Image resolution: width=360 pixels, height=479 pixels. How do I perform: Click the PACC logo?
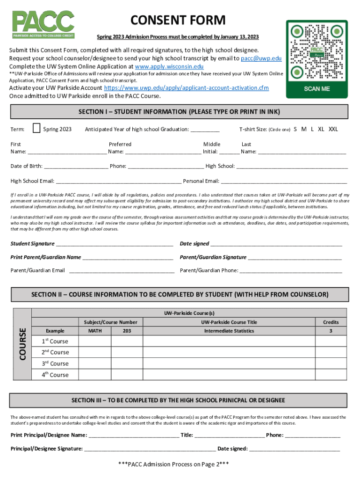(43, 24)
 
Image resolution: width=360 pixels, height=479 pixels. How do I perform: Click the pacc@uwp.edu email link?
(261, 58)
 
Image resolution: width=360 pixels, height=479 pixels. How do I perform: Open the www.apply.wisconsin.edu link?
(169, 66)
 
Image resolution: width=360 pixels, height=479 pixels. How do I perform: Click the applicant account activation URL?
(186, 88)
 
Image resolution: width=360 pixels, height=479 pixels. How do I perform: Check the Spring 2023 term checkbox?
(37, 128)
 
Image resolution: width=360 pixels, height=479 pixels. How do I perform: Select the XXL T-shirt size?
(333, 129)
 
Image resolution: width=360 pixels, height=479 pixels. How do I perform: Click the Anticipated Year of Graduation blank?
(205, 130)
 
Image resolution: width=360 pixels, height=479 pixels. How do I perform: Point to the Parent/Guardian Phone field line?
(290, 271)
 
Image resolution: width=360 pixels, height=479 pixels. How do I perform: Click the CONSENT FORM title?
(178, 21)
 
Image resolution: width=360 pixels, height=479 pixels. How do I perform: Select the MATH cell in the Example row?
(95, 331)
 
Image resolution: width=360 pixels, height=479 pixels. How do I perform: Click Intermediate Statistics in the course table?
(229, 331)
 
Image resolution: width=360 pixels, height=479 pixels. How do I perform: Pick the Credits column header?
(331, 322)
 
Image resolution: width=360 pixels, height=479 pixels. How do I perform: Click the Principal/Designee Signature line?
(150, 450)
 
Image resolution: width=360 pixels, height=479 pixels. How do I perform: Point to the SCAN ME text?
(317, 88)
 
